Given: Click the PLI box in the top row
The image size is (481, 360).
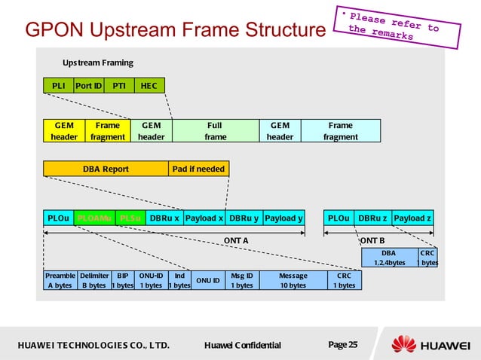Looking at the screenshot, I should click(x=58, y=86).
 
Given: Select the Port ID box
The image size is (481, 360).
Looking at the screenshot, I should click(x=88, y=86).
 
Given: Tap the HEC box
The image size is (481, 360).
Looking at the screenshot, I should click(x=149, y=86).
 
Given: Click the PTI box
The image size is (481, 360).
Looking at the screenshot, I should click(x=119, y=86).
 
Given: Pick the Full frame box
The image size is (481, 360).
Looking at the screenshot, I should click(x=216, y=131).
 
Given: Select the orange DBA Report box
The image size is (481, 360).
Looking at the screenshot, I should click(x=106, y=169).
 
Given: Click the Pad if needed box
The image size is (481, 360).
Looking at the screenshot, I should click(x=198, y=169).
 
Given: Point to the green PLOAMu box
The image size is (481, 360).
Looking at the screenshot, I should click(x=94, y=218).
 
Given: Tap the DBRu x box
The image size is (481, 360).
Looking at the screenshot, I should click(x=164, y=218).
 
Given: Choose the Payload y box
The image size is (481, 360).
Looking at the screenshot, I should click(x=283, y=218).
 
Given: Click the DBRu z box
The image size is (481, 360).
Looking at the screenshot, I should click(x=372, y=218).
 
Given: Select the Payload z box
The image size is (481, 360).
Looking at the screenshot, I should click(x=413, y=218).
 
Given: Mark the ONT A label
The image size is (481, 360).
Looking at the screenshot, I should click(x=236, y=240).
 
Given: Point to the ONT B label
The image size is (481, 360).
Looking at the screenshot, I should click(x=372, y=240).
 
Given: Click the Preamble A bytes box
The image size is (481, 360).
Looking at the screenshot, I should click(x=60, y=281).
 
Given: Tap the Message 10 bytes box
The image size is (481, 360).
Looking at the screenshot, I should click(x=293, y=281).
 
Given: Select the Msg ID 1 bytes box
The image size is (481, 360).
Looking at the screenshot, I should click(x=242, y=281).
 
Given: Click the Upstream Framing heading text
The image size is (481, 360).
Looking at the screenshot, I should click(x=97, y=62).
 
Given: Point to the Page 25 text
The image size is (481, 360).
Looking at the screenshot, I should click(x=343, y=345).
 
